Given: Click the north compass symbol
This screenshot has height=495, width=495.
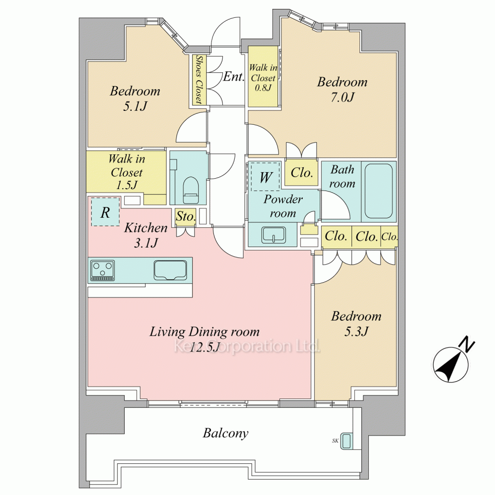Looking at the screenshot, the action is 450,364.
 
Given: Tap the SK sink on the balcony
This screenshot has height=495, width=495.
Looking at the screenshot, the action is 347,441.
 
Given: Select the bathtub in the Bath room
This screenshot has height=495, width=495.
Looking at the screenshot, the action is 379,191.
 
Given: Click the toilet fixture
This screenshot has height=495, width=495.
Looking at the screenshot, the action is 191,191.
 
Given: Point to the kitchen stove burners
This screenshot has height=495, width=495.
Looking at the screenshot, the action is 102,270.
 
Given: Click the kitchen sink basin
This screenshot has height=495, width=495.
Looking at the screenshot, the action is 170,270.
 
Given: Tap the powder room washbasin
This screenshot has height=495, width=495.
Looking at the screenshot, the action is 273,235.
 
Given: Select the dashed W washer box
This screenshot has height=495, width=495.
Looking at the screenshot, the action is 265,176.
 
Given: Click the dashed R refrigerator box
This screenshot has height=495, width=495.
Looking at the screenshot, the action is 105,211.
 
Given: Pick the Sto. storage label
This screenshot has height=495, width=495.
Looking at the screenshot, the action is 186,217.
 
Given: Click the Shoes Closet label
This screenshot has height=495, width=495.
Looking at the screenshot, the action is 199,80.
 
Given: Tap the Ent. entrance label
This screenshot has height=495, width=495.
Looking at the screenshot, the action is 234,76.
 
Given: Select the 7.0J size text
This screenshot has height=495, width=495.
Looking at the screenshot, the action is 342,97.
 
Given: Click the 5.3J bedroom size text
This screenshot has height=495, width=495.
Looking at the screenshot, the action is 356,332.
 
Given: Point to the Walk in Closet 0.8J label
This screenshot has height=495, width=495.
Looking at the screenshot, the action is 263,77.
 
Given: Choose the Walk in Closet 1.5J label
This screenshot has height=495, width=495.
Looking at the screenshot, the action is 126,172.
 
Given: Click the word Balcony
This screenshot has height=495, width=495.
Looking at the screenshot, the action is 225,433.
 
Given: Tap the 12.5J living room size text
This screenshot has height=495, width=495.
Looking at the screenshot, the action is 204,346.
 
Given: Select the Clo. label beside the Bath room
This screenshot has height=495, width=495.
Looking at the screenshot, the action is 301,173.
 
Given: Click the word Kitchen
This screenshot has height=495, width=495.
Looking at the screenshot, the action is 146,228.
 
